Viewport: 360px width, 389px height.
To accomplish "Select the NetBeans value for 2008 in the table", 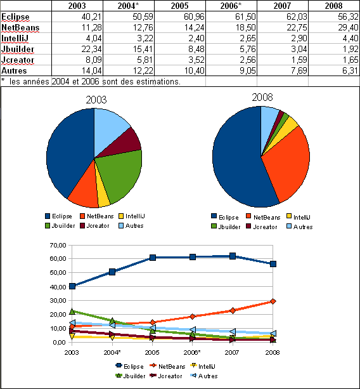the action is (x=348, y=27).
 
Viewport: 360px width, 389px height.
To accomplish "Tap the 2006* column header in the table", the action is (x=231, y=6).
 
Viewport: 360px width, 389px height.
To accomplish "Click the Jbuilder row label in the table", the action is (x=18, y=49).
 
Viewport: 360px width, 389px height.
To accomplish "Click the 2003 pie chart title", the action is (x=96, y=100).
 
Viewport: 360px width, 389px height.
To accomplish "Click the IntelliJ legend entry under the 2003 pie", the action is (x=132, y=216).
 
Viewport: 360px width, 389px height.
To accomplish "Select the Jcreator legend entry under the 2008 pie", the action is (x=262, y=227).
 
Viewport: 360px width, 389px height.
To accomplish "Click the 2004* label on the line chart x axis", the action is (x=112, y=353).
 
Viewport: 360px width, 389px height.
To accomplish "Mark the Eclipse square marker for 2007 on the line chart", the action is (x=233, y=256).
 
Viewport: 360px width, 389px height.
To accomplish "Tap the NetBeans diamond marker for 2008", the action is (x=273, y=301).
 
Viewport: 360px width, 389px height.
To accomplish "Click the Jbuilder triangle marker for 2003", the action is (x=72, y=311).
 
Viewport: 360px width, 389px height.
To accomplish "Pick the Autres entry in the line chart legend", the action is (x=204, y=376).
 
